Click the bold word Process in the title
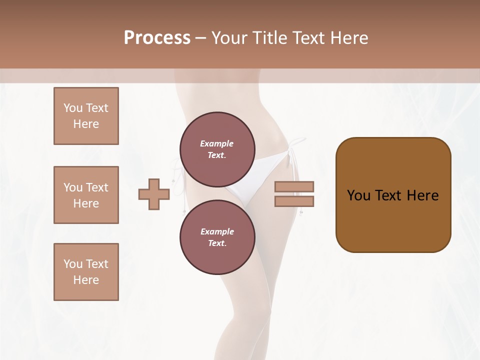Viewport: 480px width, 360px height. [157, 38]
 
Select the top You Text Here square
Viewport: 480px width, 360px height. [86, 116]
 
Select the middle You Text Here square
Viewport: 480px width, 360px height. [86, 195]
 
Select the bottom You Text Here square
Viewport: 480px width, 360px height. [86, 272]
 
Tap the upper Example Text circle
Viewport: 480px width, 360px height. [217, 149]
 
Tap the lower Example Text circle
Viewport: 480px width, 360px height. [217, 237]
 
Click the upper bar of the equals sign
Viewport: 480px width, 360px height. [294, 187]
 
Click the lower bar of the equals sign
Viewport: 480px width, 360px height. [294, 201]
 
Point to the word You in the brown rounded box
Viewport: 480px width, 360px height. [359, 195]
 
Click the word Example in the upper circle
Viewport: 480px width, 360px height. [217, 143]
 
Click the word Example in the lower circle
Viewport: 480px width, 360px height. [217, 231]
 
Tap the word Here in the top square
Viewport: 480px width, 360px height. [86, 124]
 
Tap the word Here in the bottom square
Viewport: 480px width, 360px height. [86, 280]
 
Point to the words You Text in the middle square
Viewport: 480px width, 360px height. [86, 187]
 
